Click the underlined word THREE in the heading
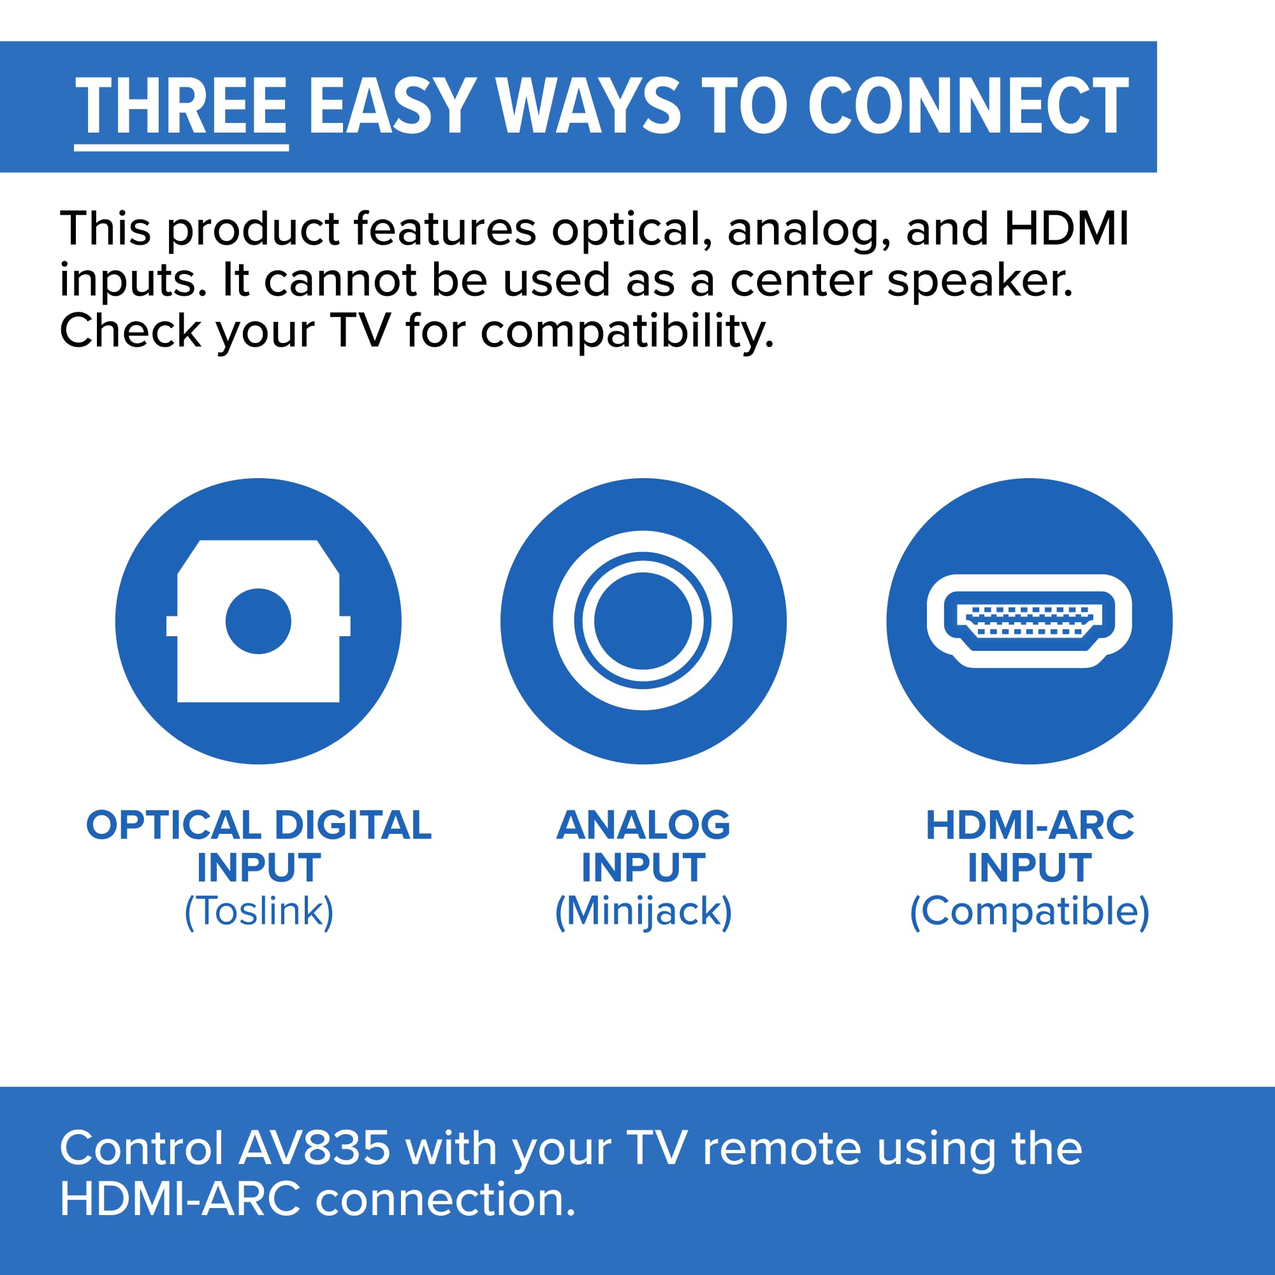tap(182, 106)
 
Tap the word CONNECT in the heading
tap(968, 106)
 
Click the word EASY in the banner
tap(392, 106)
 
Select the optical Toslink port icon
tap(258, 621)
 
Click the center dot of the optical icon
tap(258, 621)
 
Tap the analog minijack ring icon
tap(643, 621)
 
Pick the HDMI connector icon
tap(1029, 621)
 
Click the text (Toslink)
tap(259, 912)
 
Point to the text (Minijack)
tap(643, 912)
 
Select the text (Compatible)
tap(1030, 912)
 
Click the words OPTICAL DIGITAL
tap(259, 825)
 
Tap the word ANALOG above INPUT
tap(643, 825)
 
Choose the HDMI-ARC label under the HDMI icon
tap(1030, 825)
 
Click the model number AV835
tap(314, 1149)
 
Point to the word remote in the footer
tap(782, 1149)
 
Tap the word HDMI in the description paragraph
tap(1067, 229)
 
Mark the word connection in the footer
tap(446, 1199)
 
